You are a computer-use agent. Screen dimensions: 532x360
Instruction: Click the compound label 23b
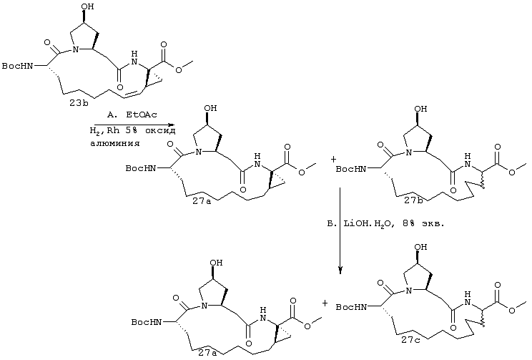coord(79,103)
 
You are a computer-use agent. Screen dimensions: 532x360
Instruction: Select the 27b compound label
coord(413,200)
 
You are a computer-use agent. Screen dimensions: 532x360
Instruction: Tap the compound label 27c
coord(410,340)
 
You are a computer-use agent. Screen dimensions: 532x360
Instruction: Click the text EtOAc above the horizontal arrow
coord(142,115)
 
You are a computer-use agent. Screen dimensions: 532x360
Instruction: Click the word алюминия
coord(115,143)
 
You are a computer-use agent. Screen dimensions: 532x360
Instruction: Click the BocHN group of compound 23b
coord(18,66)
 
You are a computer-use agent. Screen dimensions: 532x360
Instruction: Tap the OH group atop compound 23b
coord(87,6)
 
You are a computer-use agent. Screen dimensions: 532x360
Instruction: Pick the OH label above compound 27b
coord(420,109)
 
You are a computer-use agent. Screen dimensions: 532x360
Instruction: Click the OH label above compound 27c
coord(420,247)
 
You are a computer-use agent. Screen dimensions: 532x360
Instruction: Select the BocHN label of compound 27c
coord(351,307)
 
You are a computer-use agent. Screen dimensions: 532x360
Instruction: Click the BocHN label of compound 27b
coord(351,169)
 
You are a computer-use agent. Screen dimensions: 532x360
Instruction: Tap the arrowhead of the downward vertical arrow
coord(340,270)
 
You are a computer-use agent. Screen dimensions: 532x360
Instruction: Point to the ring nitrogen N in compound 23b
coord(76,49)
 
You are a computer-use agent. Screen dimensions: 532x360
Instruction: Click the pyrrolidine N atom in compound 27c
coord(409,291)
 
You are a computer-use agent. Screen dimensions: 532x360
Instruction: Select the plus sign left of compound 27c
coord(325,303)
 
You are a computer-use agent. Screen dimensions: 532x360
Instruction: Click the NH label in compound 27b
coord(468,161)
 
